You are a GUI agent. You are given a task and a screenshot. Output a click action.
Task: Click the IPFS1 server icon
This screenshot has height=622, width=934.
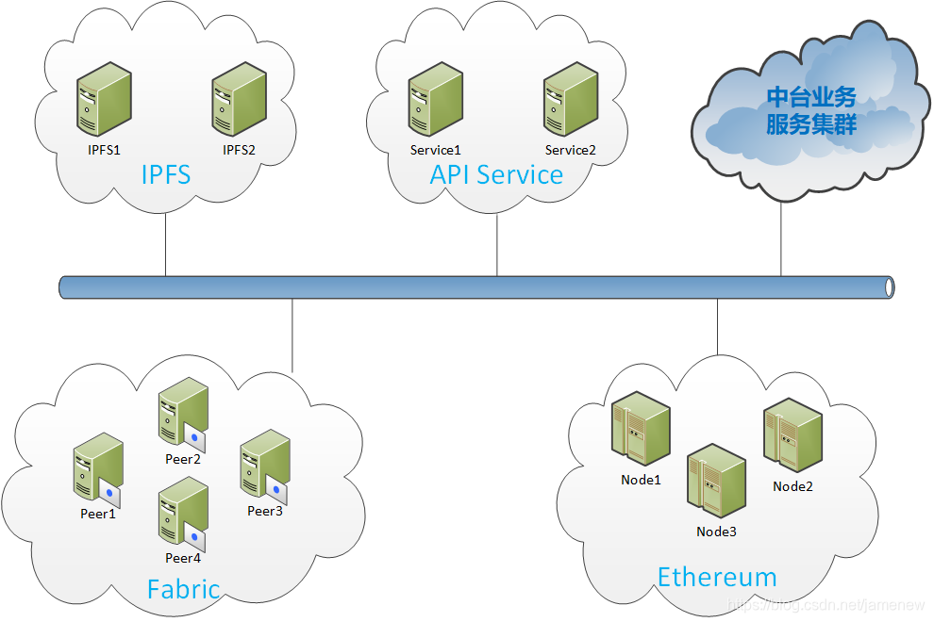104,99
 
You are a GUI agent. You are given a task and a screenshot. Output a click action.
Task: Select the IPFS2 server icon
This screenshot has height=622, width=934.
240,99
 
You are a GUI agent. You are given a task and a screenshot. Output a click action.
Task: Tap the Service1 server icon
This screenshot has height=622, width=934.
436,99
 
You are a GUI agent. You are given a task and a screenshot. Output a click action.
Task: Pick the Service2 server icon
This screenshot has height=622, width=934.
571,99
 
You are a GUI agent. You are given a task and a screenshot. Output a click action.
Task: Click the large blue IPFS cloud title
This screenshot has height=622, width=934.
166,174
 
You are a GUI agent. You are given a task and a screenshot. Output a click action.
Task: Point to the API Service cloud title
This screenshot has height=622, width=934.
496,174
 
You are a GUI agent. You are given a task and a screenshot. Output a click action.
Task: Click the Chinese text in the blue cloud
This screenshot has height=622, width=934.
810,110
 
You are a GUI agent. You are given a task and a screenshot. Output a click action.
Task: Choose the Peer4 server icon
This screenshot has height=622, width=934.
183,515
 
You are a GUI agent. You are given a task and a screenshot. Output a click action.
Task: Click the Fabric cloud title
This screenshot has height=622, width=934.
183,589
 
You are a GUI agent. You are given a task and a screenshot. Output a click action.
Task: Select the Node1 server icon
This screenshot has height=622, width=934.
641,429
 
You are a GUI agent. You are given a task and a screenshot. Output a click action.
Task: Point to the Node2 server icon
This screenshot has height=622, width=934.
792,435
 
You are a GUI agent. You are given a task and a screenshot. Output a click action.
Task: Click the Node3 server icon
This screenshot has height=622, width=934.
717,481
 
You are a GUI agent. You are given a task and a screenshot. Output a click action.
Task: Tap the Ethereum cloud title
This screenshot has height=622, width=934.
717,577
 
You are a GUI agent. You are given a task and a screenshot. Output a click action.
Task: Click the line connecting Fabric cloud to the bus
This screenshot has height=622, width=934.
292,336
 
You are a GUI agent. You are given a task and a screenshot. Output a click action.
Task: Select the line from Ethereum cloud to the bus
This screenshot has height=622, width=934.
717,327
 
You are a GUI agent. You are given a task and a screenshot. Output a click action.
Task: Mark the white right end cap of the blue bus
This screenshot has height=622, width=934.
890,287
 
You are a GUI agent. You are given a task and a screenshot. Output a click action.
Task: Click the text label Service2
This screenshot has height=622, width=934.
570,150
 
